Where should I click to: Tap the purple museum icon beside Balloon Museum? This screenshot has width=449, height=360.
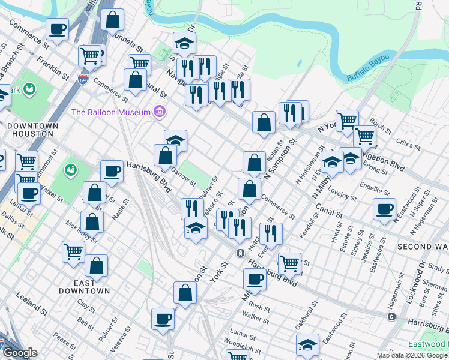point(159,112)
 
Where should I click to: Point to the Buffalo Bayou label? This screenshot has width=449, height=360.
point(368,68)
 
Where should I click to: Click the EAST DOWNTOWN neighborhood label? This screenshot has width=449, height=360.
point(84,287)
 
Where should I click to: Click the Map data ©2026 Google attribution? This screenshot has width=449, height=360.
point(412,355)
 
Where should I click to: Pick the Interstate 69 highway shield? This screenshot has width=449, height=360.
point(82,78)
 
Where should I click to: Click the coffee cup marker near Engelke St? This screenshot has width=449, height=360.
point(384,209)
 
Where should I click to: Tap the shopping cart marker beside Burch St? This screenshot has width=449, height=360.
point(347,121)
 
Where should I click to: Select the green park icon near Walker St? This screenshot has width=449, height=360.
point(71,170)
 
